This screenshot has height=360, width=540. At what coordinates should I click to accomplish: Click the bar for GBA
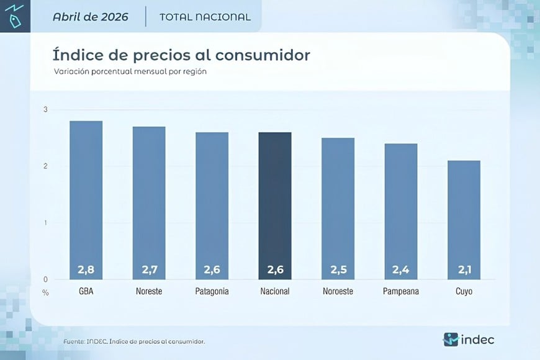coord(86,200)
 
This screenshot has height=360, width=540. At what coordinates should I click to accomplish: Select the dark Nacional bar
coord(275,205)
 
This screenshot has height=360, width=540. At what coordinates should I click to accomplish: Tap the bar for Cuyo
coord(464,220)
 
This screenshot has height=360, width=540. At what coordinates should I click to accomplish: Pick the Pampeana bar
coord(401,212)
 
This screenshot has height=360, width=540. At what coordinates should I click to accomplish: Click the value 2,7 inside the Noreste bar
coord(150,269)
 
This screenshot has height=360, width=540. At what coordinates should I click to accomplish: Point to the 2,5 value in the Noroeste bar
coord(338,269)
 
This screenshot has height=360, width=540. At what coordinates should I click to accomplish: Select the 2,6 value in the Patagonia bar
coord(212,269)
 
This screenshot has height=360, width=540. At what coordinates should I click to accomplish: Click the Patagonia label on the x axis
coord(212,292)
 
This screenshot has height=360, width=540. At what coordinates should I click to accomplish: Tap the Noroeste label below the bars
coord(338,292)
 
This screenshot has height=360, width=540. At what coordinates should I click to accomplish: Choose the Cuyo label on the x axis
coord(464,292)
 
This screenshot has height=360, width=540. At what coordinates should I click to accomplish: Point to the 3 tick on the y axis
coord(45,109)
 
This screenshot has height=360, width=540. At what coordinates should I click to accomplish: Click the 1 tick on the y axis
coord(45,223)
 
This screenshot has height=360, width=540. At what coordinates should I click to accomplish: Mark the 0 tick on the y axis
coord(45,279)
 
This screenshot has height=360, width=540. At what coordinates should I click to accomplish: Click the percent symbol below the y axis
coord(45,293)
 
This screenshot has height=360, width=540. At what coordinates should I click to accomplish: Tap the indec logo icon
coord(451,340)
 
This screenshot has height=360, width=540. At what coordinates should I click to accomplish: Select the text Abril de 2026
coord(90,17)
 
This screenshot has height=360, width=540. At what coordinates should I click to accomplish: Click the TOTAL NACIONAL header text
coord(205,17)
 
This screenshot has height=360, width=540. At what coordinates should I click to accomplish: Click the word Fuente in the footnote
coord(74,342)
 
